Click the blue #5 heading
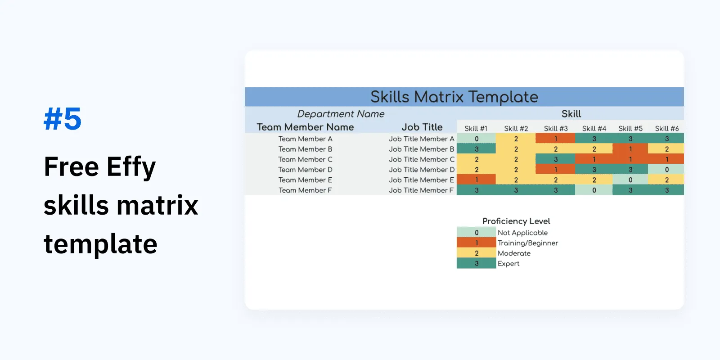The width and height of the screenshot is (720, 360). point(63,119)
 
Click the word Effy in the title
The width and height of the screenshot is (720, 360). point(131,167)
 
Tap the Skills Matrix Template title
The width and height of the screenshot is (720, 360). point(454,97)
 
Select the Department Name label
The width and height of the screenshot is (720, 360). point(341,114)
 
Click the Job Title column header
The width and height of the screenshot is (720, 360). point(422,127)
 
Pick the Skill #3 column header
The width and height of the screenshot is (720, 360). point(555,129)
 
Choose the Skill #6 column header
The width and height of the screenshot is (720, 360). point(666,129)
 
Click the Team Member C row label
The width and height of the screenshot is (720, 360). point(305,159)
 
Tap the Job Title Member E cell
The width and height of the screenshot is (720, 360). point(421,180)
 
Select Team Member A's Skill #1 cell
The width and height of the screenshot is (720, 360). point(476,139)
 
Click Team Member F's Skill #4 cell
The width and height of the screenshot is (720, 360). point(594,190)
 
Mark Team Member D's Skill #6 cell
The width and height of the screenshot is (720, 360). point(666,170)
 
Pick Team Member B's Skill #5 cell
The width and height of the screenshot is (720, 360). point(630,149)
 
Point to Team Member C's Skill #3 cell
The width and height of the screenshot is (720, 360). point(555,159)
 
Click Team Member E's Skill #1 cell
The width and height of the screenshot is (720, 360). point(476,180)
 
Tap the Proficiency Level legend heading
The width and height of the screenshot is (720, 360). point(516,221)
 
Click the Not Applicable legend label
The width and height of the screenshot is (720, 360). point(522,233)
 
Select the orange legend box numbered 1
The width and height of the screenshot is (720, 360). point(476,243)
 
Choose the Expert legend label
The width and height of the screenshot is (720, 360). point(508,264)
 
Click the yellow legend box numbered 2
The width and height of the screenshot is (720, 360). point(476,253)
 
